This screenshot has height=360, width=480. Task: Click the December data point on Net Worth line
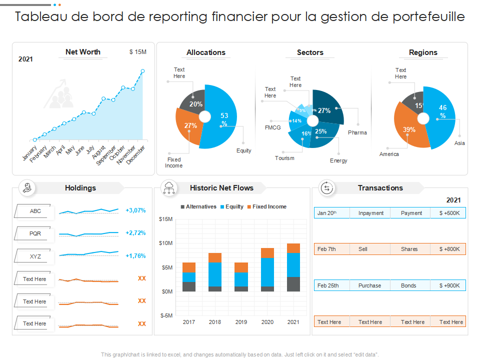(142, 71)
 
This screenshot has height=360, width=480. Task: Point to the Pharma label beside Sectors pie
(357, 132)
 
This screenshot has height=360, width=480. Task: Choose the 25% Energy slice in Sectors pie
(322, 135)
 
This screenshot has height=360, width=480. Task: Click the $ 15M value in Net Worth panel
(137, 52)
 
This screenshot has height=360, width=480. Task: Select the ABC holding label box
(35, 211)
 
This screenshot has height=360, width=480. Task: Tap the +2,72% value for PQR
(135, 233)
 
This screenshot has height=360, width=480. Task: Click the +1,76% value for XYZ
(135, 256)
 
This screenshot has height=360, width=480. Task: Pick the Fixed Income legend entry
(269, 206)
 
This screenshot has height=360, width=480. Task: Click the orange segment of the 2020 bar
(267, 252)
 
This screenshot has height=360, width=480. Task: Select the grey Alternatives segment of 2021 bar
(293, 283)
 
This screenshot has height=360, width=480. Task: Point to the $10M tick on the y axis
(165, 243)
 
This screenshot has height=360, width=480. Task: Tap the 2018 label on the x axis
(215, 322)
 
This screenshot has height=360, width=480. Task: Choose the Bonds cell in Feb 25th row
(408, 285)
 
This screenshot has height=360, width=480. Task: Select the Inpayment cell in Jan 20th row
(371, 213)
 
